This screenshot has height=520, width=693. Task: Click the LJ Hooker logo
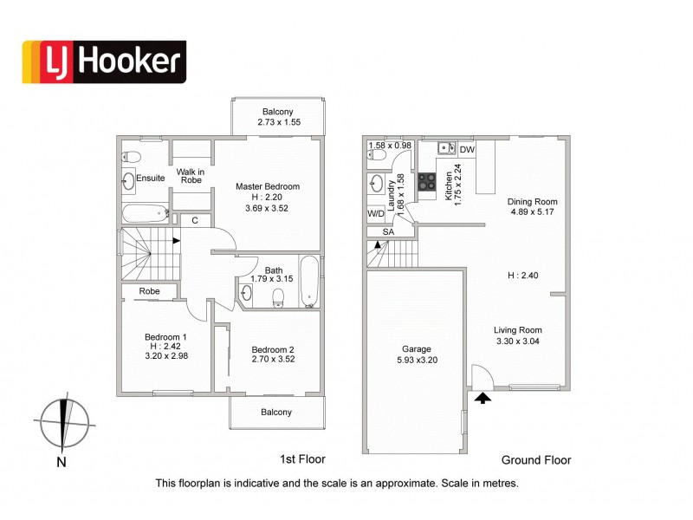coord(103,62)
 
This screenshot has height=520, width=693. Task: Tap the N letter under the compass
coord(61,462)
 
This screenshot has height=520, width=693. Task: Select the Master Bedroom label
coord(268,186)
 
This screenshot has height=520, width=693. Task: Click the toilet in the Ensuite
coord(130,157)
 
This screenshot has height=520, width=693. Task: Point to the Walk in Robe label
coord(191,177)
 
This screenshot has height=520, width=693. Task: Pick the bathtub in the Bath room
coord(310,281)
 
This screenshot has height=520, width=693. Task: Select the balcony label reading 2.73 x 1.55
coord(278,124)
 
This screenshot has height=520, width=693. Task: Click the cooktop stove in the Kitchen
coord(427,181)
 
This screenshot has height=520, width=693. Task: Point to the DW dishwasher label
coord(467,150)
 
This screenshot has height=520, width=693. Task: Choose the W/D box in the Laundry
coord(376,213)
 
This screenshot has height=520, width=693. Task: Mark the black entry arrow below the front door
coord(482,398)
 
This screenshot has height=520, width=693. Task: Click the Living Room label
coord(518,329)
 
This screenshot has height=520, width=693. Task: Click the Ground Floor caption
coord(536,460)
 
